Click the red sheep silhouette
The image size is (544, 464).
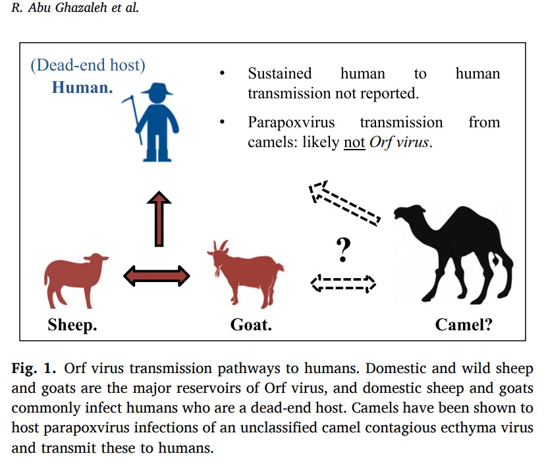(74, 278)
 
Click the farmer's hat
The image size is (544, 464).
(157, 89)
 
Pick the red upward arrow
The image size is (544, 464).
(159, 219)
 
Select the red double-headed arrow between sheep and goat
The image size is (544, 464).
(157, 276)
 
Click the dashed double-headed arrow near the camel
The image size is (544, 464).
(343, 283)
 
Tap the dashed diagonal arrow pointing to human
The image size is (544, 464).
(344, 202)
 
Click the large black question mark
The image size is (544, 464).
(343, 249)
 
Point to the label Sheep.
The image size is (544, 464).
(72, 325)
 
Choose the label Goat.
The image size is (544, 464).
(251, 325)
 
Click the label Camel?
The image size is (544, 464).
(464, 325)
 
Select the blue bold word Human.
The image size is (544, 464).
(82, 87)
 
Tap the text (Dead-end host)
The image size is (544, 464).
(88, 65)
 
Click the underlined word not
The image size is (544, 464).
(354, 142)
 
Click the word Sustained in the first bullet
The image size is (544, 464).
(280, 74)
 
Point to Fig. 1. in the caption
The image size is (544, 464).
(34, 368)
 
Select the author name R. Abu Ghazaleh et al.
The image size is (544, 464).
(75, 7)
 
